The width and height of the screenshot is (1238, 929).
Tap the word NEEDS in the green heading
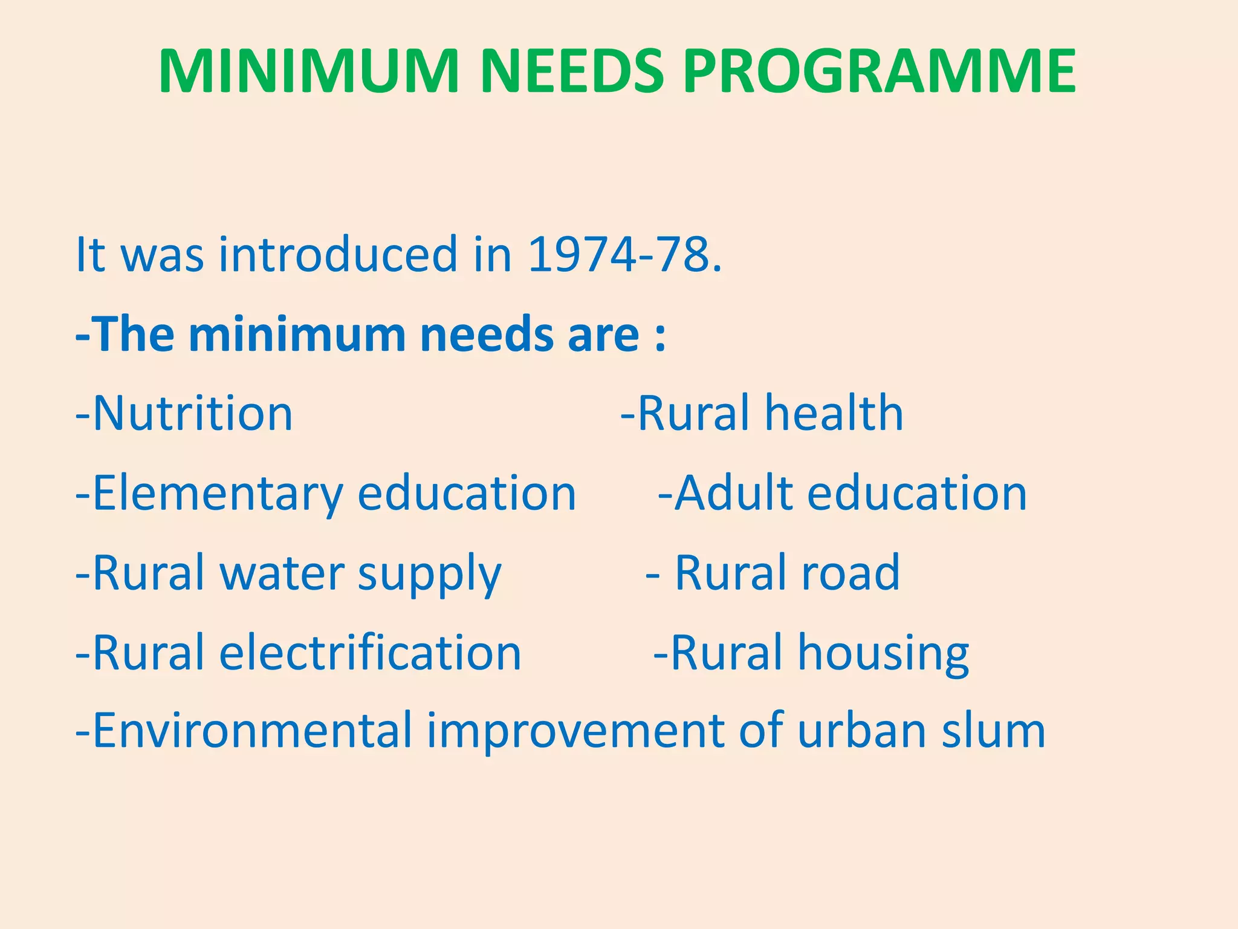click(x=572, y=71)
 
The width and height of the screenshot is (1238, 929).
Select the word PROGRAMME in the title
click(x=879, y=71)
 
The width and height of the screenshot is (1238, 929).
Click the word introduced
click(x=339, y=255)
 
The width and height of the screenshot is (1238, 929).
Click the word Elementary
click(x=218, y=494)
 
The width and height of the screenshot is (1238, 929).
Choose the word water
click(x=282, y=573)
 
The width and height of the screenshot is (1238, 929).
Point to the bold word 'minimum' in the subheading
click(x=297, y=334)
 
